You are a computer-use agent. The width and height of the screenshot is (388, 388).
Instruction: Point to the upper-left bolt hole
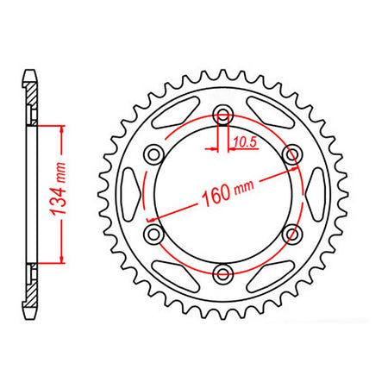[155, 154]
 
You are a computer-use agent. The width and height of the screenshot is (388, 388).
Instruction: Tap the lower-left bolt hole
[155, 235]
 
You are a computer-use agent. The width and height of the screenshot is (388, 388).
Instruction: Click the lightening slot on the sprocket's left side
[130, 195]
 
